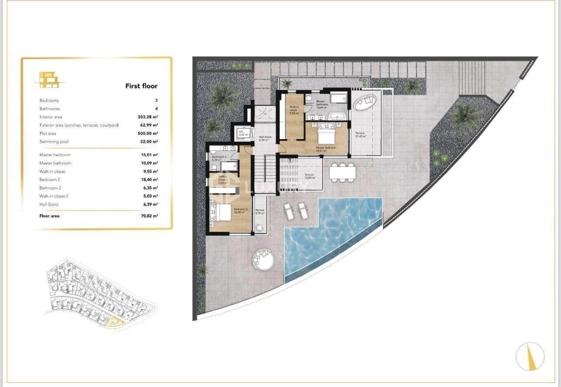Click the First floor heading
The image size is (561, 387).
tap(141, 86)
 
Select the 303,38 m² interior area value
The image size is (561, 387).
tap(147, 117)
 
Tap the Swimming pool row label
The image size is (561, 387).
tap(54, 142)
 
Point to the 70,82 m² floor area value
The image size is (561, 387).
tap(147, 216)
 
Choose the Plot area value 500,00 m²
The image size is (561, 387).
tap(147, 133)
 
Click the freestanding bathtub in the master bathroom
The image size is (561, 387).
tap(337, 116)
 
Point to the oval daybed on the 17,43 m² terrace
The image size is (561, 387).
tap(364, 103)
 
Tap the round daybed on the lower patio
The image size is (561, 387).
tap(263, 259)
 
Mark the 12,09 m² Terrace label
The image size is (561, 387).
tap(309, 176)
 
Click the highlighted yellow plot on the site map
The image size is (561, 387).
tap(114, 322)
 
